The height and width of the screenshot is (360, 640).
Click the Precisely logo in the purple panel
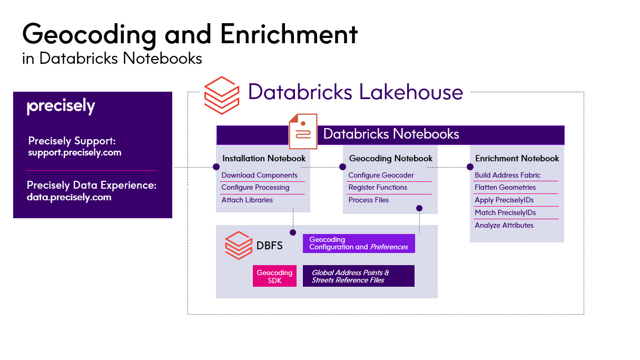[x=61, y=107]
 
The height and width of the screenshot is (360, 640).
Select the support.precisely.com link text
[x=75, y=153]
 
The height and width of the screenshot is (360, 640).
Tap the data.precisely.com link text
[x=69, y=198]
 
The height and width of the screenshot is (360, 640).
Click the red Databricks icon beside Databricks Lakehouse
[x=221, y=95]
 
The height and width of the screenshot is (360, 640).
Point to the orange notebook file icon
[x=303, y=131]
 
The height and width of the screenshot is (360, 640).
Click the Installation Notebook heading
[x=264, y=158]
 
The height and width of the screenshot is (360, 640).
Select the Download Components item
[x=260, y=175]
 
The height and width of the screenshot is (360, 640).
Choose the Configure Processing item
[x=255, y=187]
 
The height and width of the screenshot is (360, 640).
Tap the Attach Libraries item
[x=247, y=200]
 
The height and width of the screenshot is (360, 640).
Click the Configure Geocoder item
[x=381, y=175]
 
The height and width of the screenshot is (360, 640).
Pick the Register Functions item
[x=378, y=187]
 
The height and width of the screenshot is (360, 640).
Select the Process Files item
[x=369, y=200]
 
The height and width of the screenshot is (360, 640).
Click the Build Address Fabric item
[x=508, y=175]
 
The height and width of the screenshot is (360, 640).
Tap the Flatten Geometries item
[x=505, y=187]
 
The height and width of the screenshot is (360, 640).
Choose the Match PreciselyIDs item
[x=505, y=212]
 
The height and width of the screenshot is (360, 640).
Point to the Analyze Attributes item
[x=504, y=225]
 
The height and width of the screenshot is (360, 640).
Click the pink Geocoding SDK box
[x=274, y=276]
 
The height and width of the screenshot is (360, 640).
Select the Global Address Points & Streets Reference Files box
[x=358, y=276]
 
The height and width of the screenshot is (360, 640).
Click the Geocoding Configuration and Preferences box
[x=359, y=243]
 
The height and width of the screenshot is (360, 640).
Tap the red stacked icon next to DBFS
[x=239, y=245]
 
